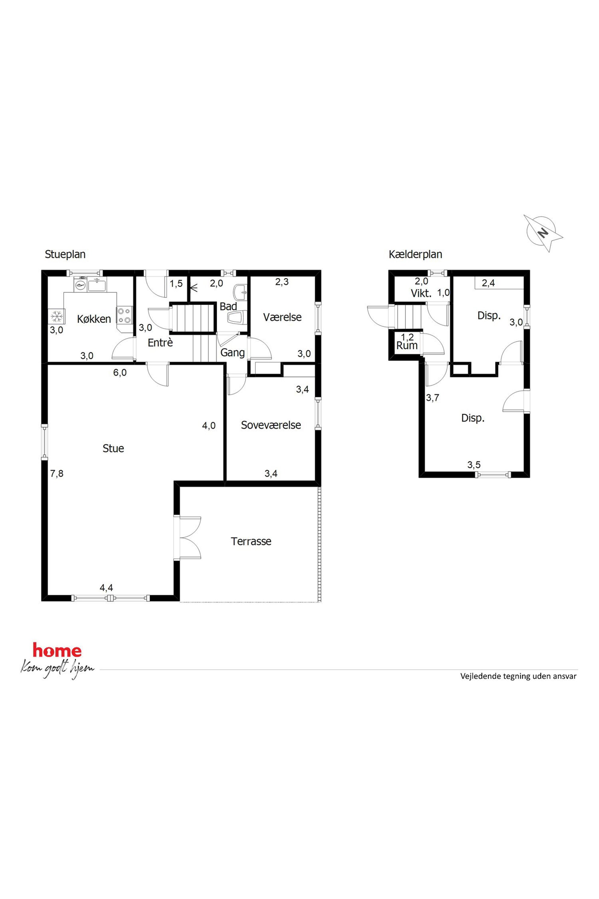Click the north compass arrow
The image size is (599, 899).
543,232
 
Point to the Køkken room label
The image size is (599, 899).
94,319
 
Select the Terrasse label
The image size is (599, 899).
251,541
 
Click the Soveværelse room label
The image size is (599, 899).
271,425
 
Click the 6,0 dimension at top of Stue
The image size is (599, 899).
120,372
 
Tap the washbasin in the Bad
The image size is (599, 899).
240,292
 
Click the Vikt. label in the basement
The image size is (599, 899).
421,294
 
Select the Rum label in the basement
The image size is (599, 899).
407,346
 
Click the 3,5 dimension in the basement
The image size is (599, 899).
474,465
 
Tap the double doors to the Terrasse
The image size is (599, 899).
187,538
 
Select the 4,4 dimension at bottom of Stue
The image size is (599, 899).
106,588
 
